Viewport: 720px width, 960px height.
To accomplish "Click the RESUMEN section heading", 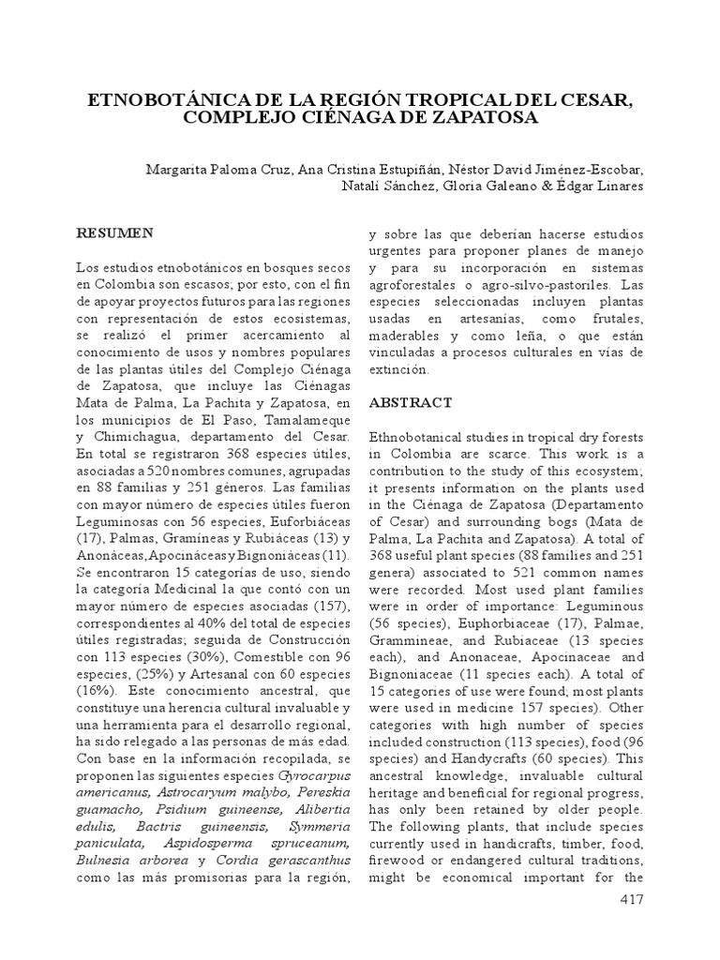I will pyautogui.click(x=115, y=232).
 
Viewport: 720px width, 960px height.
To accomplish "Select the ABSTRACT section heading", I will pyautogui.click(x=411, y=402).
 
